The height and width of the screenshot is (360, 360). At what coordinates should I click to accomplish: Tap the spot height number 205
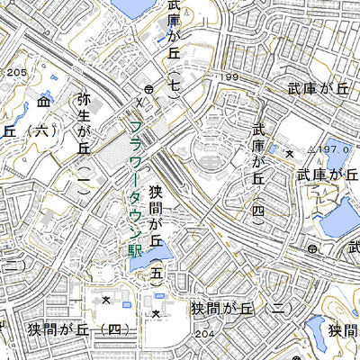[15, 73]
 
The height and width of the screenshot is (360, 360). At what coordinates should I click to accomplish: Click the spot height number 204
[205, 334]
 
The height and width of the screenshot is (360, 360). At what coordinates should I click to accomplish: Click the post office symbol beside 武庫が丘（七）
[148, 88]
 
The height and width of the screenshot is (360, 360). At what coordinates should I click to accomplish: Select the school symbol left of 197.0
[289, 155]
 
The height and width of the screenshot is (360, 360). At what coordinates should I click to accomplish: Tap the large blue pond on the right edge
[341, 216]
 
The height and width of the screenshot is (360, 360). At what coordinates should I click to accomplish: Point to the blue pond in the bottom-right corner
[315, 330]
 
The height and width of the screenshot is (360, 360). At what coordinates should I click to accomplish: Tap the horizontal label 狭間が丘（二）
[238, 308]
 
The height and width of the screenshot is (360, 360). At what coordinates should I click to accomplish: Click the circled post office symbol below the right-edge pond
[311, 247]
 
